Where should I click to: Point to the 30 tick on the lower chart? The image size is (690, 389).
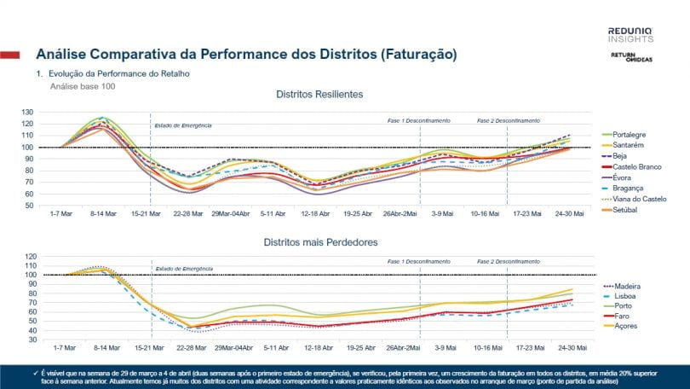tap(52, 340)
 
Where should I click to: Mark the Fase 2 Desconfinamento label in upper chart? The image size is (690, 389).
tap(508, 120)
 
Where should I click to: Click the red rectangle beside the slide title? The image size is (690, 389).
tap(10, 55)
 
